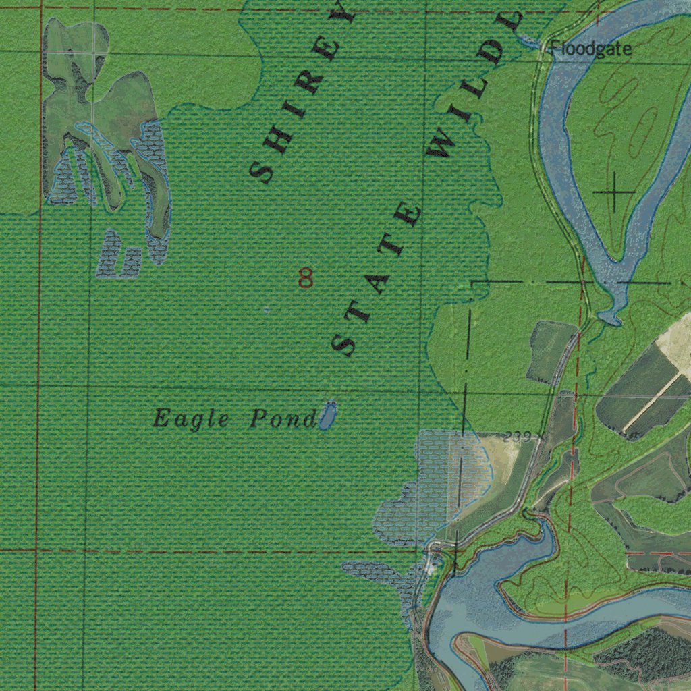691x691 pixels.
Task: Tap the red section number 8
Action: [306, 277]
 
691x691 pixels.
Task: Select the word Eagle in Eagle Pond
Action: [191, 419]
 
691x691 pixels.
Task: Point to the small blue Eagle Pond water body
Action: [328, 414]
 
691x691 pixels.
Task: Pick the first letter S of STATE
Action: [346, 344]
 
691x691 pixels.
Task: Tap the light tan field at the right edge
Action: [678, 344]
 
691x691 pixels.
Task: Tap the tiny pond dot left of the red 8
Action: [266, 309]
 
